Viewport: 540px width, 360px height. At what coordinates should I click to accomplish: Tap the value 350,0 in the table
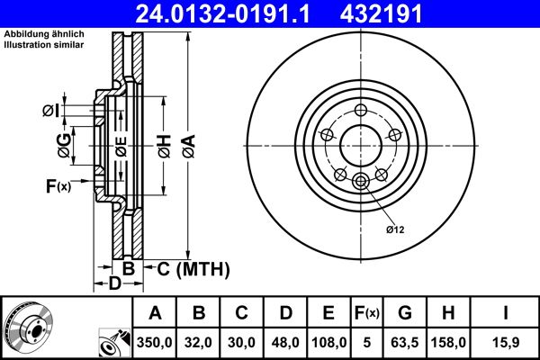pos(156,342)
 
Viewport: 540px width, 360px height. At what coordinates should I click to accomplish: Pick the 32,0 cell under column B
pos(200,342)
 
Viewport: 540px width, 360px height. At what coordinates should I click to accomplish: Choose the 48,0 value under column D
pos(285,342)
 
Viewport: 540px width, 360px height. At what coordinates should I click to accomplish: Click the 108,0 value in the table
pos(329,342)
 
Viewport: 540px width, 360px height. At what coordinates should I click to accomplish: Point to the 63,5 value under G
pos(405,342)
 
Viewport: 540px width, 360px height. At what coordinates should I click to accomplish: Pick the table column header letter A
pos(156,314)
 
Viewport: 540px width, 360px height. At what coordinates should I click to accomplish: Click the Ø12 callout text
pos(397,229)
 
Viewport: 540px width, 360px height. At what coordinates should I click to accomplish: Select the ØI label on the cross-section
pos(50,111)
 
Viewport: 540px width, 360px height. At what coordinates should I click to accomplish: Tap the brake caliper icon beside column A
pos(112,343)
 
